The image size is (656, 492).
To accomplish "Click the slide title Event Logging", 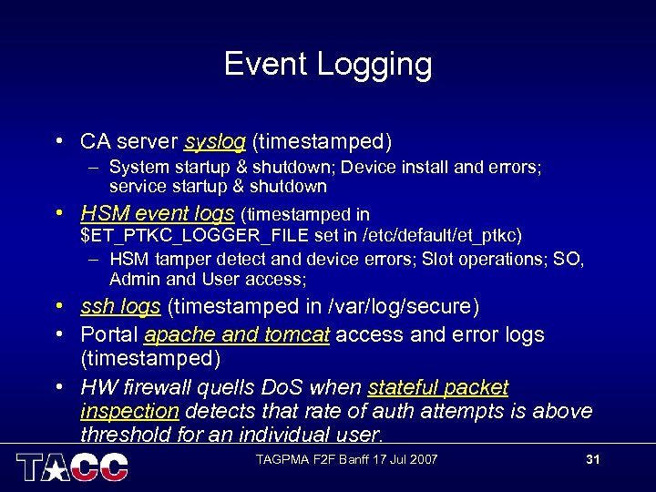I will coord(328,64).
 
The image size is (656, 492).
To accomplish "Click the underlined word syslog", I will coord(215,142).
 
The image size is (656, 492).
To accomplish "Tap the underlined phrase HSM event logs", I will coord(158,214).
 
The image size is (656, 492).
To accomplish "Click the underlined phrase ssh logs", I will coord(120,307).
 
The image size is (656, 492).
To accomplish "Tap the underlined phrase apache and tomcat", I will coord(237,335).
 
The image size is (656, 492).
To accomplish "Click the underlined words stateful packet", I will coord(438,388).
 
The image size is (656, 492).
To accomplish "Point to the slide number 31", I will coord(592,459).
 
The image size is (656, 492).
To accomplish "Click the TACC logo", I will coord(72,466).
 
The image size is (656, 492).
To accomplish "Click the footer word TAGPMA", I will coord(278,459).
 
